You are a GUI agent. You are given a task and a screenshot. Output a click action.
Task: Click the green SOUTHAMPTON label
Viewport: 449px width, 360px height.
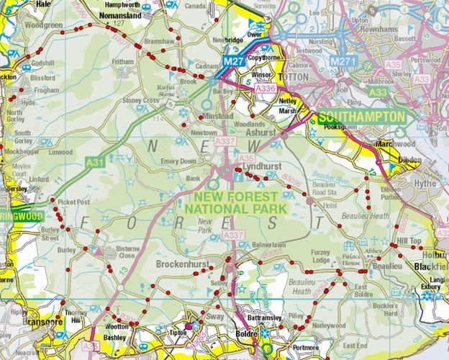pos(361,117)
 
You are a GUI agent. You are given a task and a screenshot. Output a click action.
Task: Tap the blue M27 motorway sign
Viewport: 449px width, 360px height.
pos(232,62)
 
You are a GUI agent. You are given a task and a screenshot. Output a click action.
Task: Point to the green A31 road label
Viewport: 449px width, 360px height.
pos(94,161)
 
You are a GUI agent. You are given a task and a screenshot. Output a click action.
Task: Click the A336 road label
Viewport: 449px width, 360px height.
pos(266,88)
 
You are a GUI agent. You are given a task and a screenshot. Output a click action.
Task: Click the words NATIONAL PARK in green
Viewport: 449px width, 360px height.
pos(234,209)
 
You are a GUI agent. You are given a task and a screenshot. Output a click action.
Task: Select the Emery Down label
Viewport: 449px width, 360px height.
pos(179,161)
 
